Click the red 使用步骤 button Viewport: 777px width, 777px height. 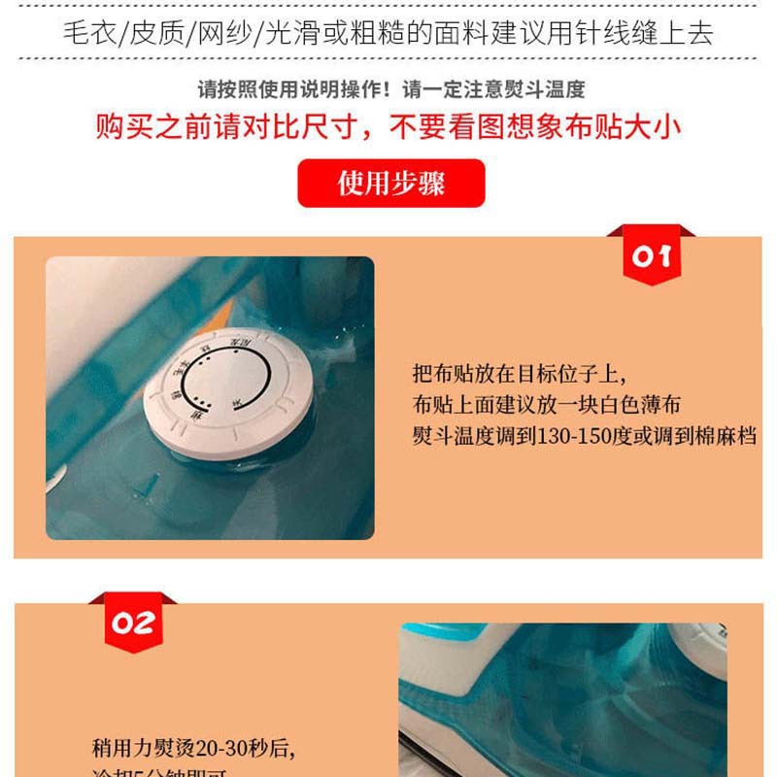(x=390, y=183)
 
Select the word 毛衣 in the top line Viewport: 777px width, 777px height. (x=86, y=34)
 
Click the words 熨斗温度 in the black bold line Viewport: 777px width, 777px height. (x=540, y=90)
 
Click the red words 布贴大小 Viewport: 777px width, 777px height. (x=621, y=127)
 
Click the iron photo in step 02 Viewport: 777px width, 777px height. (x=562, y=699)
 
